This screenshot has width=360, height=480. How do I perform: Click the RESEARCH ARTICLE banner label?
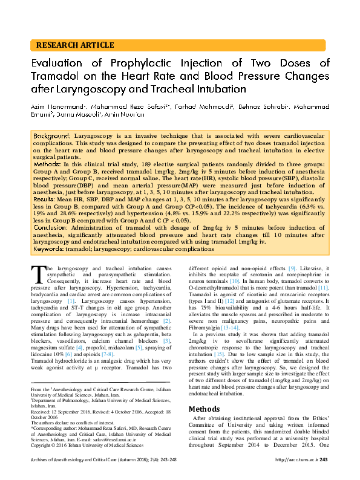point(75,45)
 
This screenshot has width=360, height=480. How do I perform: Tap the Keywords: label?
point(50,248)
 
